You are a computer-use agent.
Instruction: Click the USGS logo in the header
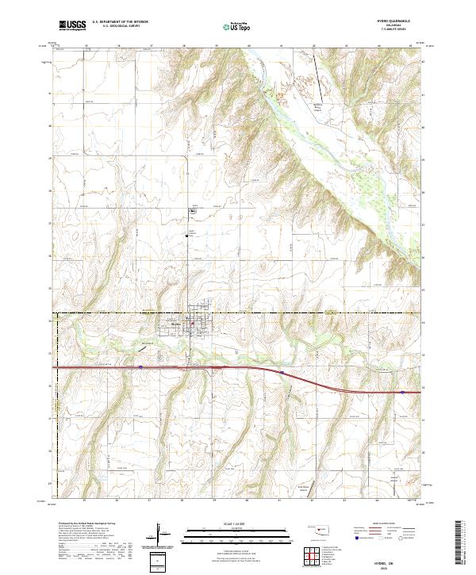[71, 25]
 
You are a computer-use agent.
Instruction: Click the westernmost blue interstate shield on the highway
[140, 366]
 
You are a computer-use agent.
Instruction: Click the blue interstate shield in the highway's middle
[282, 371]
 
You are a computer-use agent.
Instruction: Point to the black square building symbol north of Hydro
[191, 210]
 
